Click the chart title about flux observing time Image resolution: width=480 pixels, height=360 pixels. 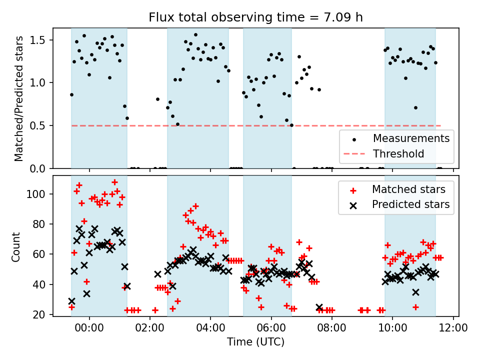(255, 17)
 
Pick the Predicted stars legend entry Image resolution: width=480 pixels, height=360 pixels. (410, 204)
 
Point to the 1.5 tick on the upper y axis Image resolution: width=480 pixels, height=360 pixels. (40, 40)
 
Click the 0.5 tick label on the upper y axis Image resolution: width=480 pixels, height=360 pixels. (40, 125)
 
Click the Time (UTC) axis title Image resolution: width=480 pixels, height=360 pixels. (255, 342)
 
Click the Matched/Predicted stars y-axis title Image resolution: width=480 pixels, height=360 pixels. (19, 98)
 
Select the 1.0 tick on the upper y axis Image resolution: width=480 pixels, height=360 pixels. (40, 83)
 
